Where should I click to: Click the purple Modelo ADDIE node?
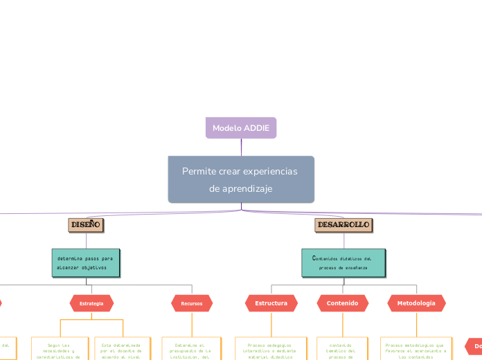click(x=241, y=128)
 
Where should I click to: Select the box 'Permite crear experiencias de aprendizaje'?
click(x=241, y=179)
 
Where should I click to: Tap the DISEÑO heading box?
click(x=87, y=225)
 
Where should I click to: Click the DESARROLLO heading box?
click(x=343, y=225)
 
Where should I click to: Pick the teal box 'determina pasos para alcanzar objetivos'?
click(x=86, y=262)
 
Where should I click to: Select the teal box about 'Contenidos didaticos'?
click(x=343, y=262)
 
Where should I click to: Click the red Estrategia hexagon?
click(x=91, y=303)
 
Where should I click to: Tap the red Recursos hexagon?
click(x=192, y=303)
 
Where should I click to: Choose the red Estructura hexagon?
click(x=271, y=303)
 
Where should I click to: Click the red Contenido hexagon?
click(x=342, y=303)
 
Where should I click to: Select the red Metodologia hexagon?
click(x=416, y=303)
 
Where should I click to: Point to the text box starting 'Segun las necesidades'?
click(x=60, y=349)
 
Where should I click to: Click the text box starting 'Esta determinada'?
click(x=121, y=349)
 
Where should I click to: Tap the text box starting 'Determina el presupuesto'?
click(x=192, y=349)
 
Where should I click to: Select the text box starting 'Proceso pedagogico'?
click(x=269, y=349)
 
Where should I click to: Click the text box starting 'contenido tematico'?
click(x=341, y=349)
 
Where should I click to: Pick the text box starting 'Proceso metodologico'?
click(x=416, y=349)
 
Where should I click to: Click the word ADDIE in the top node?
click(x=256, y=128)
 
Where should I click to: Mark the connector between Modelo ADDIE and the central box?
click(x=241, y=147)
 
